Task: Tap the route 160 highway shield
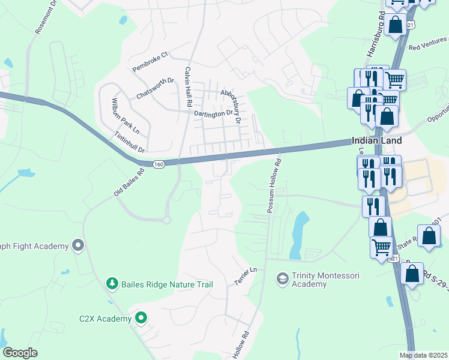coord(158,164)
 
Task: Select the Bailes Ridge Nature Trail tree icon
coord(111,283)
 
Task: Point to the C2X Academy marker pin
coord(141,318)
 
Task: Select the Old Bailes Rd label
coord(130,182)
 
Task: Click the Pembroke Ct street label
coord(151,62)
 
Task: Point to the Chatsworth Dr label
coord(155,88)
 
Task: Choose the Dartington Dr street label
coord(212,113)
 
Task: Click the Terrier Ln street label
coord(245,277)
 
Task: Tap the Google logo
coord(20,353)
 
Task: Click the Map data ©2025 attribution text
coord(424,355)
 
